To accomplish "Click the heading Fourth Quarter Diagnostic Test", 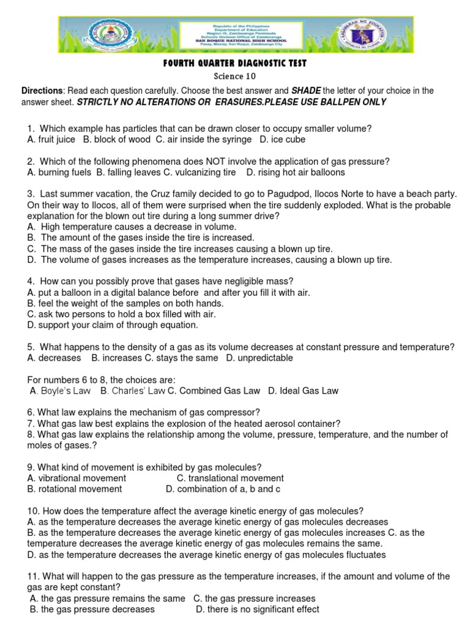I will click(234, 64).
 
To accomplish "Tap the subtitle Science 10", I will click(234, 77).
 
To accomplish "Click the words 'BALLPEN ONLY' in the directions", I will click(353, 102).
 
